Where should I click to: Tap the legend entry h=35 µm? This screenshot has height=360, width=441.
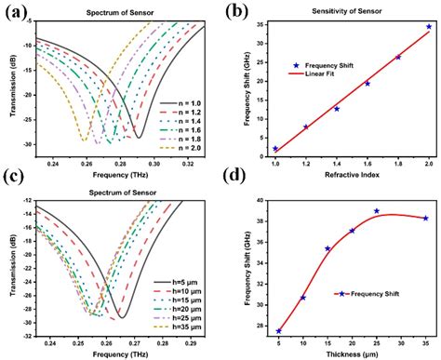pyautogui.click(x=180, y=328)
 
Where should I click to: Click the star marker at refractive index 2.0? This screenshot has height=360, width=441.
pyautogui.click(x=428, y=27)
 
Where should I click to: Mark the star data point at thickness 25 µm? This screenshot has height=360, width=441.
pyautogui.click(x=377, y=211)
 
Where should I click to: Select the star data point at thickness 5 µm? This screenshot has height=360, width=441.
pyautogui.click(x=278, y=331)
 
